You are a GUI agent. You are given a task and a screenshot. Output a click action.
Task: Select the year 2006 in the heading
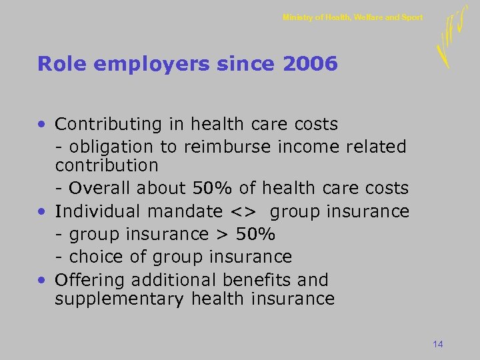tap(310, 64)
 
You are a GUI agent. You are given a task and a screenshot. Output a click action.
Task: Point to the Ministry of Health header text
tap(352, 17)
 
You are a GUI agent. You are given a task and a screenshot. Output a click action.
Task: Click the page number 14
tap(438, 344)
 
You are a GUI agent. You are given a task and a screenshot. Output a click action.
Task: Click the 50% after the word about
tap(207, 189)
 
